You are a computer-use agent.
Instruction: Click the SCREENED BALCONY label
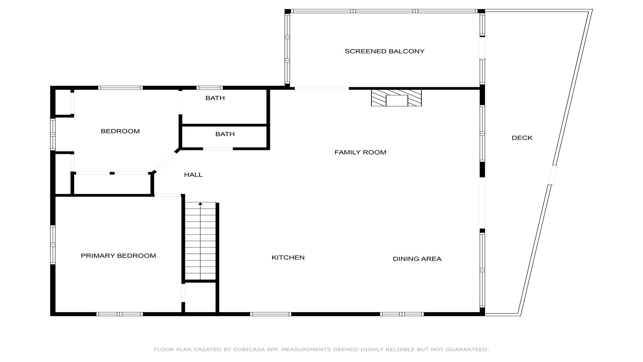(384, 51)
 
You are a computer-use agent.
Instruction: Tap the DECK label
(522, 138)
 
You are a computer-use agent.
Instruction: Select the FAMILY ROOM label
(360, 152)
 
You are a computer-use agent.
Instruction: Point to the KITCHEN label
(288, 257)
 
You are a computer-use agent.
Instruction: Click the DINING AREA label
(417, 259)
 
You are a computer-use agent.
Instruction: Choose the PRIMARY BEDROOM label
(118, 256)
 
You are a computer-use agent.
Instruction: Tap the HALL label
(193, 175)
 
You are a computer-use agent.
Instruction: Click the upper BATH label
(215, 98)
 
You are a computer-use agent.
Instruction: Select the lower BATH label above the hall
(225, 134)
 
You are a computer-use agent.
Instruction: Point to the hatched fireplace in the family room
(396, 98)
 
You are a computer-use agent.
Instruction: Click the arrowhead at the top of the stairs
(200, 203)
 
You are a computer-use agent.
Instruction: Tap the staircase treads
(200, 241)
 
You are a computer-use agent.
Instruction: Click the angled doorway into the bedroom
(165, 162)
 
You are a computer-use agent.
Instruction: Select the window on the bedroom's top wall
(121, 88)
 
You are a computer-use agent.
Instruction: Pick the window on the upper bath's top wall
(210, 88)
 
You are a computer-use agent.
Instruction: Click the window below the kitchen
(271, 314)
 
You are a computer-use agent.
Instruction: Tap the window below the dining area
(402, 314)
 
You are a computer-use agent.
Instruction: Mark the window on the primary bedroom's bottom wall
(120, 314)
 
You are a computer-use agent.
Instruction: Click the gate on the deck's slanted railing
(552, 175)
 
